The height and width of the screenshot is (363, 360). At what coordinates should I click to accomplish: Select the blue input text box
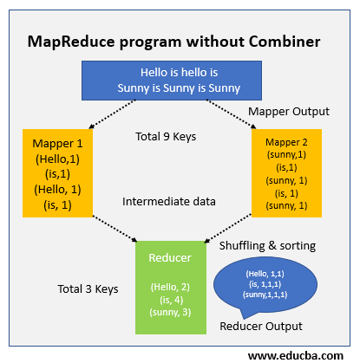[x=180, y=80]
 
